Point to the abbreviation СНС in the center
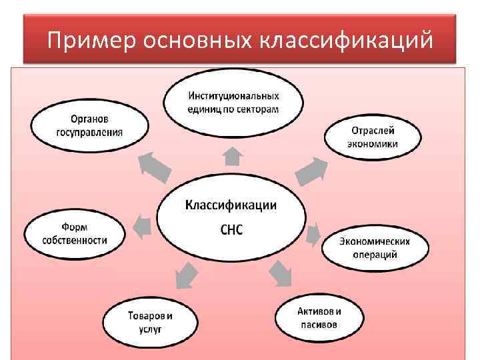click(x=231, y=230)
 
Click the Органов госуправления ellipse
click(x=89, y=125)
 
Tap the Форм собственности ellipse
click(x=75, y=233)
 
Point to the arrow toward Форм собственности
click(x=141, y=227)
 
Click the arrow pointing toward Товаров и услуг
click(x=185, y=275)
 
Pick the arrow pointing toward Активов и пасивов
click(x=281, y=272)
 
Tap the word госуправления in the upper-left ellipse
click(x=89, y=131)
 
